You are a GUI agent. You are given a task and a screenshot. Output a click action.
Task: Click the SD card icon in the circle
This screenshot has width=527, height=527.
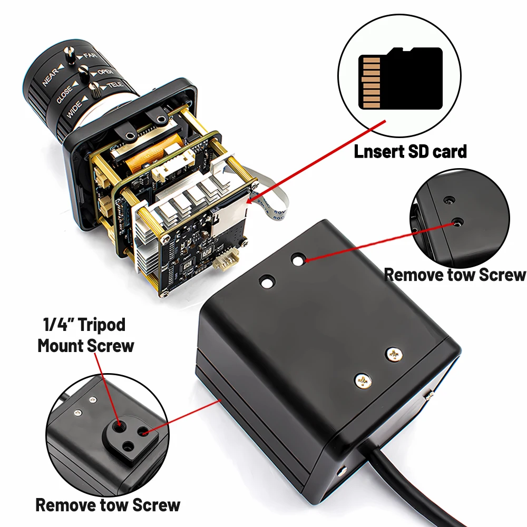pos(401,78)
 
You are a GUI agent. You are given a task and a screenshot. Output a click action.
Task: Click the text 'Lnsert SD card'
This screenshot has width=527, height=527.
pos(411,152)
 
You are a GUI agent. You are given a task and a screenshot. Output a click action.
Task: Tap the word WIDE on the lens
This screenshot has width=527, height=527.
pos(74,109)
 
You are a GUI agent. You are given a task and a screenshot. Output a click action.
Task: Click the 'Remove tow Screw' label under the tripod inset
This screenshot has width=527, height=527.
pos(108,505)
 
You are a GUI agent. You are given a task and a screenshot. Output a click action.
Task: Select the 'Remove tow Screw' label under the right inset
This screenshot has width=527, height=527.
pos(454,275)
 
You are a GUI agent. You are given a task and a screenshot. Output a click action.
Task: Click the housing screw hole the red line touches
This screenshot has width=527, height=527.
pos(298,260)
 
